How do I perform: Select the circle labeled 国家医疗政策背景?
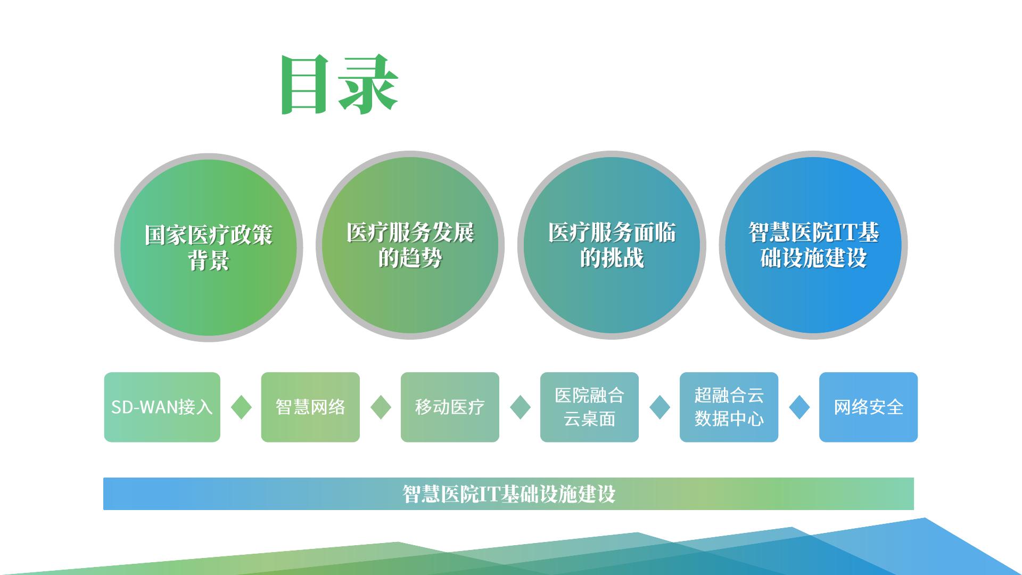point(208,248)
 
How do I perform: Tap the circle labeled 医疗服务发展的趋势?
point(410,245)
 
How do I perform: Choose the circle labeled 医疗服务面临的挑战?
point(612,245)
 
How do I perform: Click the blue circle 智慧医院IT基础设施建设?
point(813,245)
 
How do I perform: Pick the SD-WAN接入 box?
point(162,407)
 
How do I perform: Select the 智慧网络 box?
point(310,407)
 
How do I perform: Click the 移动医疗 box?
point(450,407)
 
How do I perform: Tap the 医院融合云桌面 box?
point(589,407)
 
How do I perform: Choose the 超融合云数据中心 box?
point(729,407)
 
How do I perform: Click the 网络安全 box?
point(868,407)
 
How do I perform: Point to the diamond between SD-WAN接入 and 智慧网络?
point(241,407)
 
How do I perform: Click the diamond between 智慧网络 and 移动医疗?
point(381,407)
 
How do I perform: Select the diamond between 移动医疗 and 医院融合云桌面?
point(520,407)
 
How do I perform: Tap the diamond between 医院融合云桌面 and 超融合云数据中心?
point(660,407)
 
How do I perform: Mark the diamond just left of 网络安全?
point(799,407)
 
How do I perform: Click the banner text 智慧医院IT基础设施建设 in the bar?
point(508,494)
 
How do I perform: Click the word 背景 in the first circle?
point(208,261)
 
